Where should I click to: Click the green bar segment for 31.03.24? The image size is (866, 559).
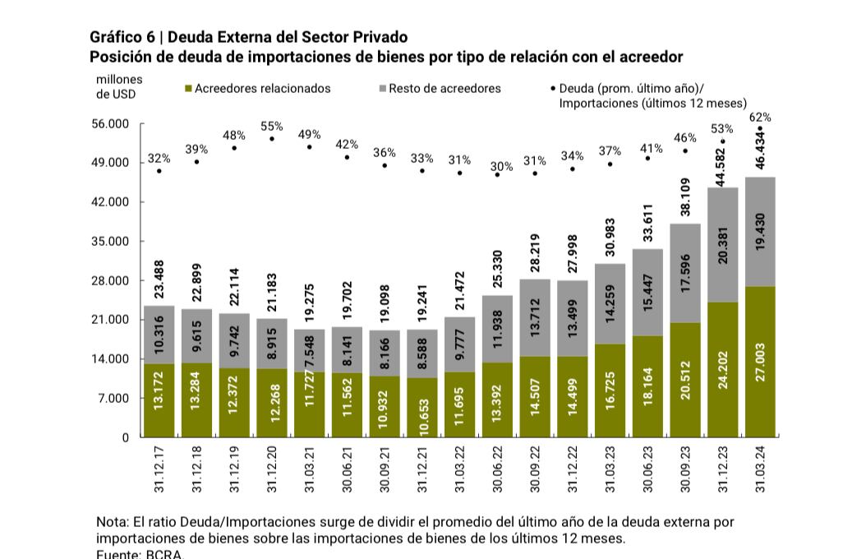(x=760, y=362)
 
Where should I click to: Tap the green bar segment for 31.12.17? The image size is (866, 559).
(x=159, y=400)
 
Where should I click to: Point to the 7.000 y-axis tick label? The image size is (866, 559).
(x=114, y=399)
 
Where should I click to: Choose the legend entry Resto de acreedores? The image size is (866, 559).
(x=445, y=89)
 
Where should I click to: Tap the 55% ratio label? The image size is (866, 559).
(x=272, y=127)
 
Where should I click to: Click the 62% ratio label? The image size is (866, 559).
(x=760, y=118)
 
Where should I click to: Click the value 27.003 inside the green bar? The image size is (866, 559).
(x=760, y=362)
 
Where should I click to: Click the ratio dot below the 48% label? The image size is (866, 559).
(x=234, y=148)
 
